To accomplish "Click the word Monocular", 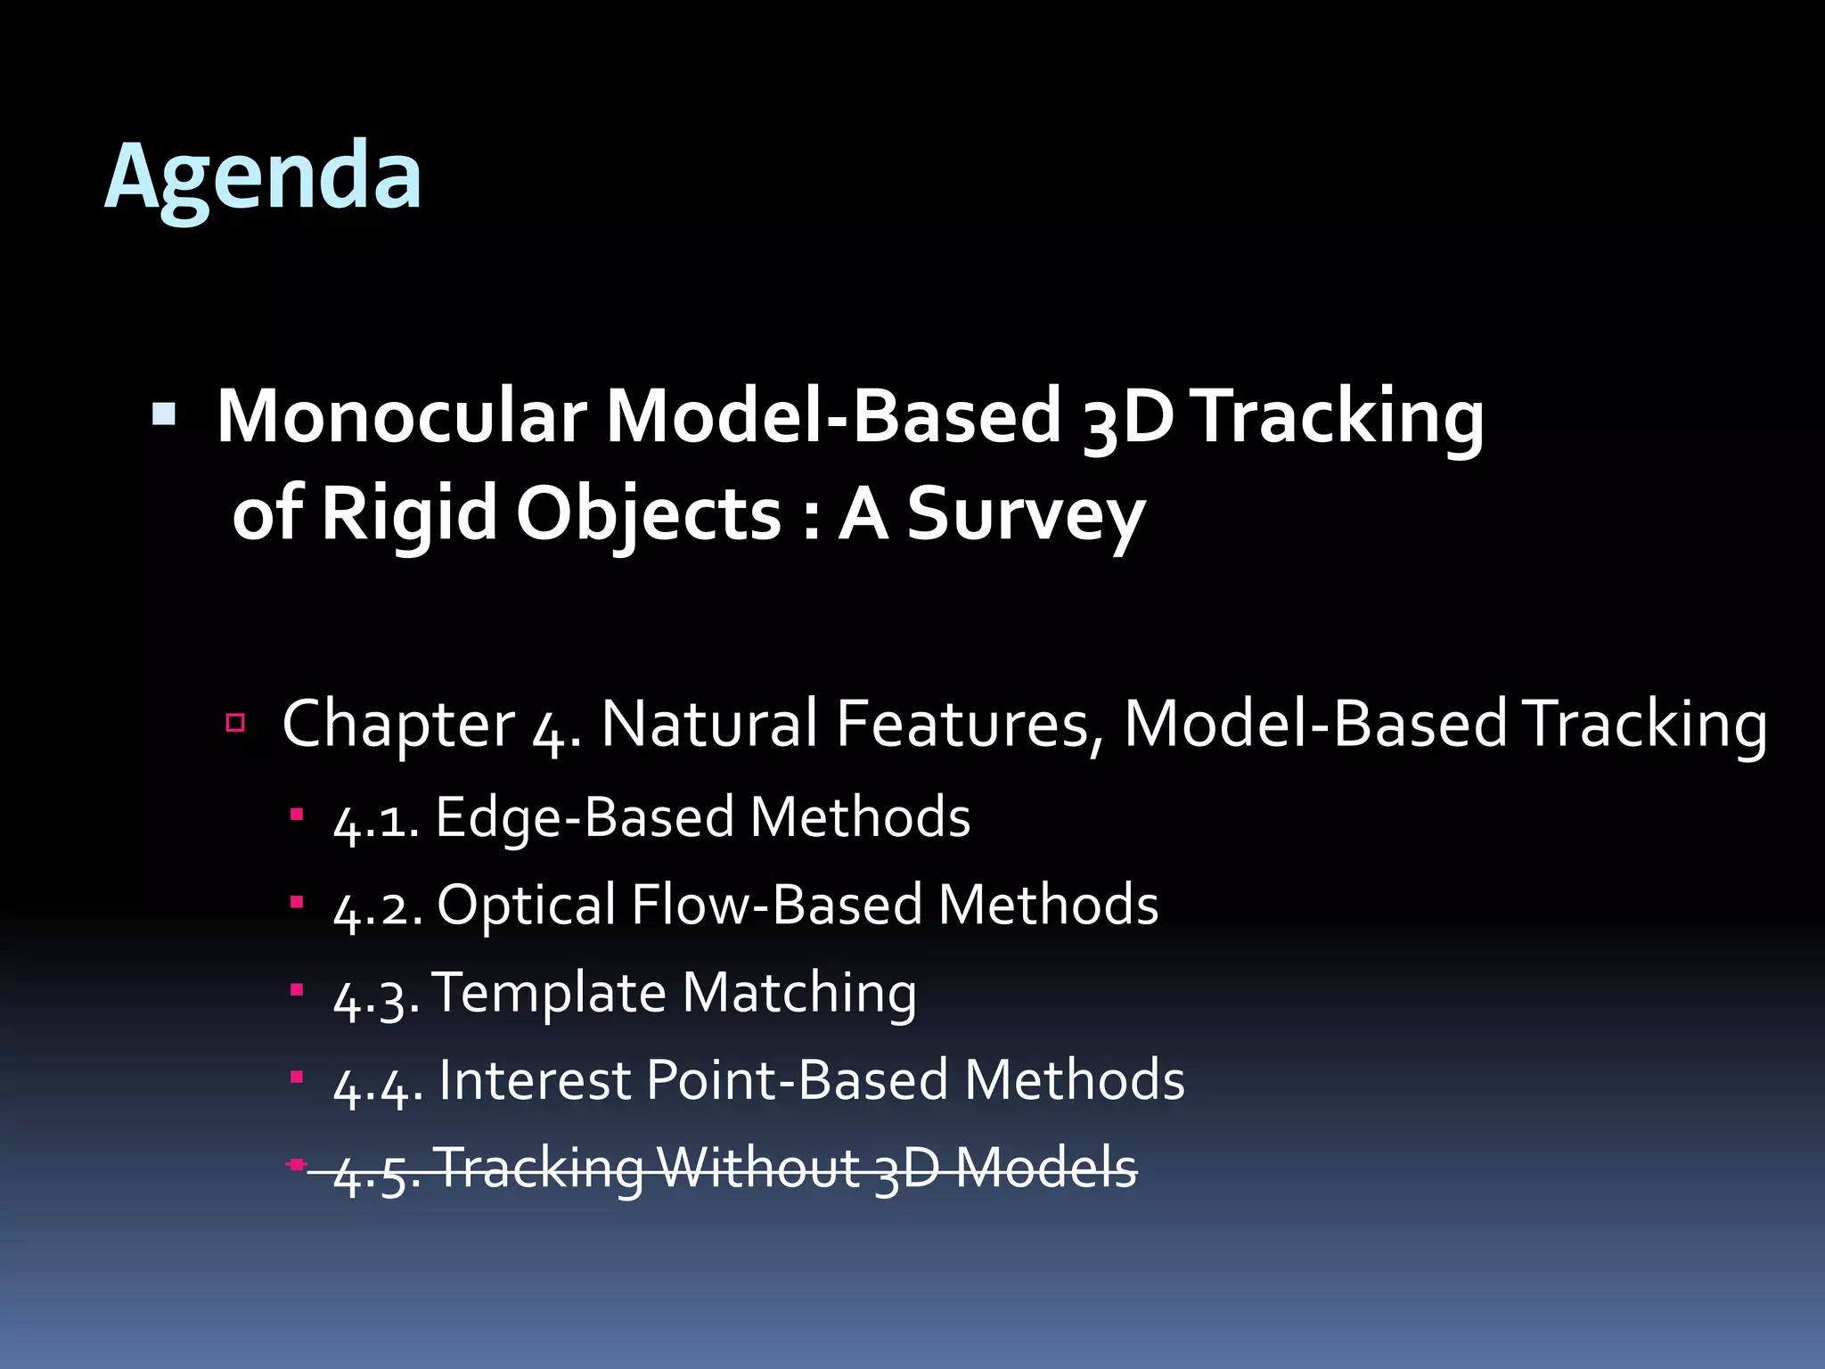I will [x=401, y=416].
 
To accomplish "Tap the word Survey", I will [x=1025, y=514].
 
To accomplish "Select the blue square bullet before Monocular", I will [x=164, y=414].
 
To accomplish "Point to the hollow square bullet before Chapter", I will [x=235, y=722].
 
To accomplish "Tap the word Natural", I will [x=708, y=724].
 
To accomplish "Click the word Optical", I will [x=526, y=906].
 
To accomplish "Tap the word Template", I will [x=549, y=993].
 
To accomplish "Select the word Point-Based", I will [x=796, y=1080].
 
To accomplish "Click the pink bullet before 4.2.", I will [x=297, y=902].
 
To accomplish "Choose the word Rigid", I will [x=408, y=514].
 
